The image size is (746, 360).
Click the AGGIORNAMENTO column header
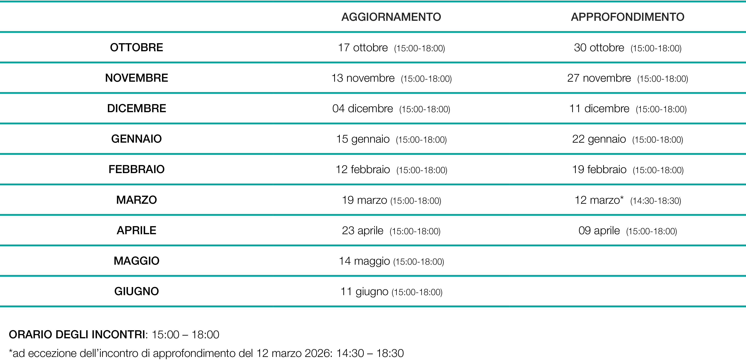click(391, 17)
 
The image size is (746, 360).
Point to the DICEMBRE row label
click(136, 108)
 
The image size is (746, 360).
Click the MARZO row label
click(136, 200)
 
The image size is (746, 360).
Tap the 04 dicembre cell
click(391, 109)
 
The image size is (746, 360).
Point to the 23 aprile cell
click(391, 231)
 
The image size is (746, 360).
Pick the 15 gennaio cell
click(391, 139)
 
